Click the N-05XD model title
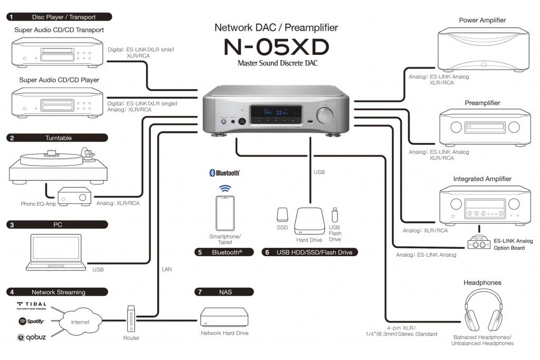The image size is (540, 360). [x=276, y=47]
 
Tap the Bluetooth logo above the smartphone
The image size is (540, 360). [x=225, y=173]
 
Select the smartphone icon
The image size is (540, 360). [x=225, y=212]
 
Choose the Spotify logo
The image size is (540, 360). [x=32, y=321]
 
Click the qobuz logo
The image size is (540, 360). [x=32, y=337]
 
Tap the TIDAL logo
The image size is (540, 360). [x=32, y=305]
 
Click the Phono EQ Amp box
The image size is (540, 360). [x=73, y=196]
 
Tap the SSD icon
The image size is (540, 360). [x=282, y=214]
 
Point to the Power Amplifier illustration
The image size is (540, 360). [x=482, y=51]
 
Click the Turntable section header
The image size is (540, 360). [x=57, y=138]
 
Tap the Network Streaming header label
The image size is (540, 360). [x=57, y=292]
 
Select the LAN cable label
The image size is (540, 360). [x=166, y=269]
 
